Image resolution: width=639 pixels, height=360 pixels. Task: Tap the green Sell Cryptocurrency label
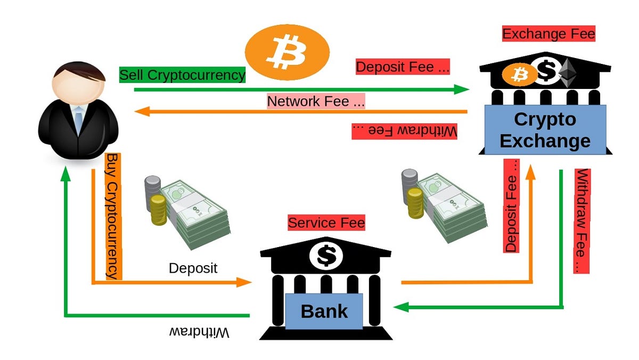[182, 75]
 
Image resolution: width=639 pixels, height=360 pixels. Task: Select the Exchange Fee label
[548, 35]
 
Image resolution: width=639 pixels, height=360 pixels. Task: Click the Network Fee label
[316, 101]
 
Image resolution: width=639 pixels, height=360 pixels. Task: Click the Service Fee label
[326, 223]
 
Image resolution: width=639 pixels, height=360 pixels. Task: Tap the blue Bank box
[324, 311]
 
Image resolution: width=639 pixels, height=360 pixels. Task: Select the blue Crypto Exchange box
[545, 130]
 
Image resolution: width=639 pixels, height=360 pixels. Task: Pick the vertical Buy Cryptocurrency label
[113, 216]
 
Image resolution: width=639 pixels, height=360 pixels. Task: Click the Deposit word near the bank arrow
[193, 267]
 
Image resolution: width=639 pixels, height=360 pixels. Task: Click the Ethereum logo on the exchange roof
[570, 73]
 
